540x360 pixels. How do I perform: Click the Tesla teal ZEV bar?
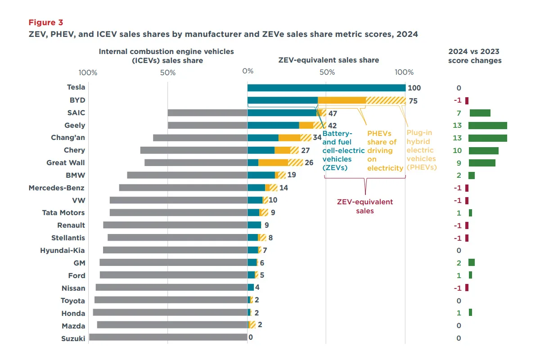pyautogui.click(x=326, y=88)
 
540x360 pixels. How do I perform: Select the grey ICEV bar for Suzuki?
pyautogui.click(x=168, y=337)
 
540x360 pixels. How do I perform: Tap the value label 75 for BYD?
pyautogui.click(x=413, y=101)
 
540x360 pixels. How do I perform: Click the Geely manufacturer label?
pyautogui.click(x=75, y=126)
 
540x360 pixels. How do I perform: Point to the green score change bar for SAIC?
pyautogui.click(x=480, y=113)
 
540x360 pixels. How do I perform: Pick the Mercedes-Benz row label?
pyautogui.click(x=57, y=188)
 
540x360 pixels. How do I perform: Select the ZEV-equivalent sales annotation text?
pyautogui.click(x=364, y=207)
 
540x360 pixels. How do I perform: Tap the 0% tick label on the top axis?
pyautogui.click(x=247, y=72)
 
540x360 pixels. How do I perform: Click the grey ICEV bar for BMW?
pyautogui.click(x=187, y=175)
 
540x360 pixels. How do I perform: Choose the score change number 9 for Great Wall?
pyautogui.click(x=459, y=163)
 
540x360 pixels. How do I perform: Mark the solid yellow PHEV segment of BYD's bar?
pyautogui.click(x=342, y=101)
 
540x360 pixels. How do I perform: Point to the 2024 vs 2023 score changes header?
pyautogui.click(x=474, y=56)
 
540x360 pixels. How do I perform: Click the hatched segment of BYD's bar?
pyautogui.click(x=386, y=101)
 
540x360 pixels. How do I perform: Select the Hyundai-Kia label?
pyautogui.click(x=63, y=250)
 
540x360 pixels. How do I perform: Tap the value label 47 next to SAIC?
pyautogui.click(x=333, y=113)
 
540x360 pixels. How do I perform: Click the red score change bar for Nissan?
pyautogui.click(x=467, y=288)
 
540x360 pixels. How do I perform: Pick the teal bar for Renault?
pyautogui.click(x=254, y=225)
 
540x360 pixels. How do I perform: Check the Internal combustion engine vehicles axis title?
pyautogui.click(x=166, y=56)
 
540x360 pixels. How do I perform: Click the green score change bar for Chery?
pyautogui.click(x=483, y=150)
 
